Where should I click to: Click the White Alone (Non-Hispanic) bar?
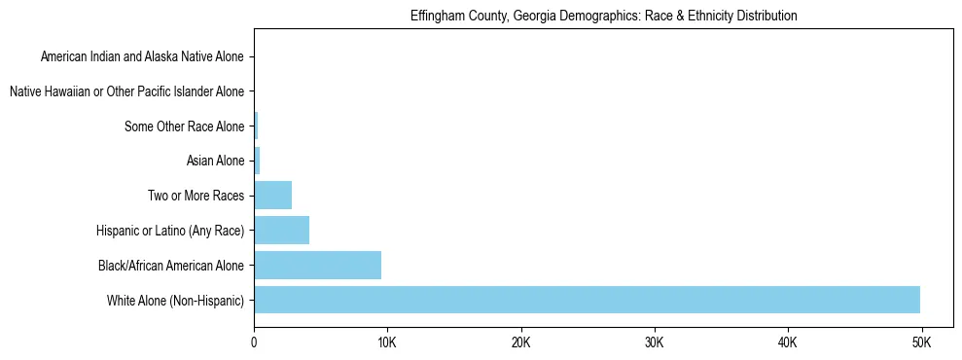(587, 300)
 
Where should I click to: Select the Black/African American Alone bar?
(317, 265)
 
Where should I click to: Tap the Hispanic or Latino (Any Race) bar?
(281, 231)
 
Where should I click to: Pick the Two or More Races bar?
(272, 196)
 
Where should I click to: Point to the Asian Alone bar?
(257, 161)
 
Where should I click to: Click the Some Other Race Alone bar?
(256, 126)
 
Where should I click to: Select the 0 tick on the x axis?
(254, 343)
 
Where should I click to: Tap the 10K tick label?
(387, 343)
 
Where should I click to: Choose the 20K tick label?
(520, 343)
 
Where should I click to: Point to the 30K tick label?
(654, 343)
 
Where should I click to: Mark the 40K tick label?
(788, 343)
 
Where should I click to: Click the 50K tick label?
(921, 343)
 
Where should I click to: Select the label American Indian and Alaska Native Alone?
(143, 57)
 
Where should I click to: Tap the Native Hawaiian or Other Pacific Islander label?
(127, 92)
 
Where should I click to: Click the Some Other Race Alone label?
(185, 126)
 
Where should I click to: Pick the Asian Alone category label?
(215, 161)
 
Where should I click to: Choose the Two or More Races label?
(196, 196)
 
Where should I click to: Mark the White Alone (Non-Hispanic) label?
(176, 300)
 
